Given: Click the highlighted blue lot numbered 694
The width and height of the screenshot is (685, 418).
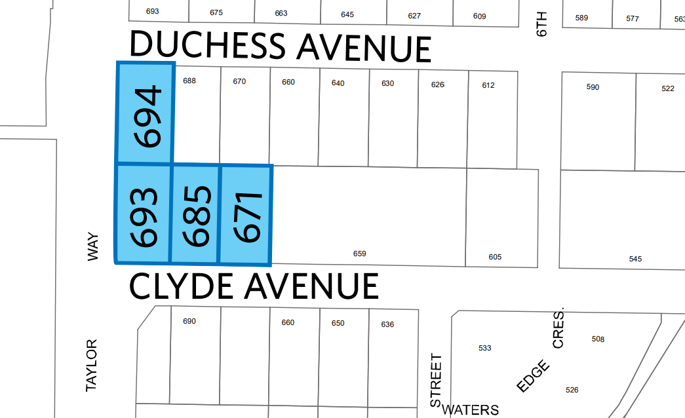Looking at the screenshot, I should (x=146, y=113).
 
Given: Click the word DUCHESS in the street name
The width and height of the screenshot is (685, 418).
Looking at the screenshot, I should (x=208, y=46).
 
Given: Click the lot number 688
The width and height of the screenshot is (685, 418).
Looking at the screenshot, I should (x=189, y=81).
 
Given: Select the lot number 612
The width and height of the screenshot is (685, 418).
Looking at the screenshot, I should (x=488, y=85).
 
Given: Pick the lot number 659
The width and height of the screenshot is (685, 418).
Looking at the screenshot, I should (x=359, y=254).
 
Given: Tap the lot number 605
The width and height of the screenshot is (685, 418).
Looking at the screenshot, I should (x=495, y=257).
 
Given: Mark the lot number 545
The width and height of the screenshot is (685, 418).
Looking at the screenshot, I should (x=635, y=259).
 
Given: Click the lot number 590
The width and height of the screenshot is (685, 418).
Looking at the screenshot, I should (x=593, y=87).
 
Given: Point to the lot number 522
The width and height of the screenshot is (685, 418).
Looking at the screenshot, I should (x=667, y=88).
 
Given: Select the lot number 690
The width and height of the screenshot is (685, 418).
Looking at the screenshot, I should (x=189, y=321).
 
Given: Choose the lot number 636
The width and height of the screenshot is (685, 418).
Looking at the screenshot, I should (x=387, y=324).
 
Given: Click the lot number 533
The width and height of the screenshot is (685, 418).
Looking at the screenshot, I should (x=484, y=348).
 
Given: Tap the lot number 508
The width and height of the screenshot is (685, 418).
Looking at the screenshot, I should (x=598, y=339).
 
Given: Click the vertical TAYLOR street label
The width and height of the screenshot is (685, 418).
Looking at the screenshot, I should (x=92, y=366).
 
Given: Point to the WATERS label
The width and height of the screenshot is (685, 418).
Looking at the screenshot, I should (x=470, y=410).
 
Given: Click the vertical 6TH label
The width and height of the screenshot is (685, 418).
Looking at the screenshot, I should (x=541, y=24).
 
